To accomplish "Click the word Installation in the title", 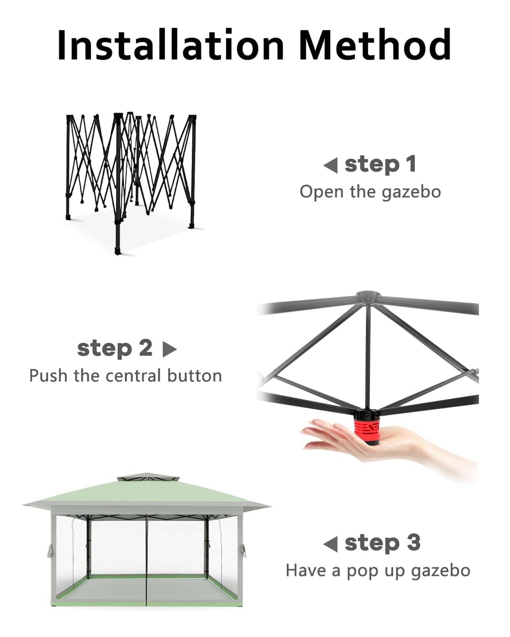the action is click(x=170, y=45).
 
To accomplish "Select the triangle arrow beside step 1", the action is click(x=330, y=166).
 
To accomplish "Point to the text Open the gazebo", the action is click(x=370, y=192).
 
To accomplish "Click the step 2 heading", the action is click(x=115, y=348).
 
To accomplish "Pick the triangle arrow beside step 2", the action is click(x=169, y=349).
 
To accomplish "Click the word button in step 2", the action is click(x=195, y=376).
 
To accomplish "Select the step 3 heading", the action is click(x=382, y=543).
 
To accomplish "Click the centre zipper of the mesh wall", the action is click(x=146, y=561).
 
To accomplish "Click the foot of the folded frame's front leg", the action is click(x=118, y=251).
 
